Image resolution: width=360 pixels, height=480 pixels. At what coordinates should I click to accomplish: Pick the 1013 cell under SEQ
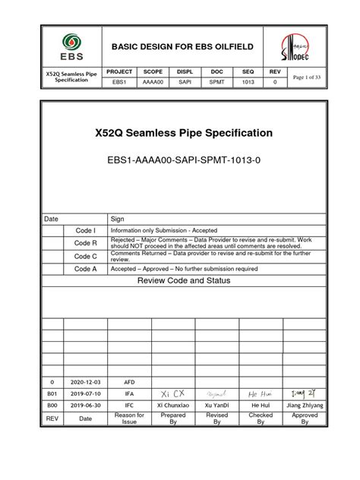click(x=248, y=82)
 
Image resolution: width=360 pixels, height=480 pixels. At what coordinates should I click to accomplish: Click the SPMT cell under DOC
click(x=216, y=82)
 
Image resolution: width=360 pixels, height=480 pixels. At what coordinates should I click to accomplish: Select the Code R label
click(x=84, y=243)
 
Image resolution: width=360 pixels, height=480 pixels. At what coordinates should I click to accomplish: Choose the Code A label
click(x=84, y=268)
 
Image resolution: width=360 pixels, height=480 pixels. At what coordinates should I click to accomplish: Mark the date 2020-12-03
click(x=84, y=382)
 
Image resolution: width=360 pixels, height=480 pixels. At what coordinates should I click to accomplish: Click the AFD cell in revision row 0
click(x=129, y=382)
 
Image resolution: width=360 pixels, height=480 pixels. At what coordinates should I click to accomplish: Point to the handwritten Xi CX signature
click(x=173, y=394)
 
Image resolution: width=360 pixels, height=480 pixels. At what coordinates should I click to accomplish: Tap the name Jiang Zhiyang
click(x=305, y=406)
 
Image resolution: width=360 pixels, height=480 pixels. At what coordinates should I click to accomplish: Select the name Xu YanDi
click(x=217, y=406)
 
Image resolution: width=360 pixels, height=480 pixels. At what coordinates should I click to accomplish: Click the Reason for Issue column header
click(x=129, y=418)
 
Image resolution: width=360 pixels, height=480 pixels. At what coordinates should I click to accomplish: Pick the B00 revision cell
click(x=52, y=406)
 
